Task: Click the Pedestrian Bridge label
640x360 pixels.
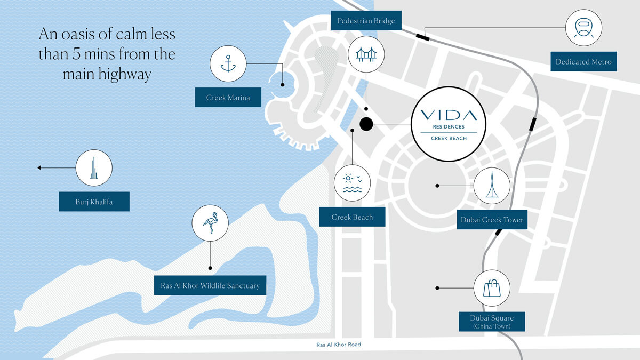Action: pyautogui.click(x=366, y=21)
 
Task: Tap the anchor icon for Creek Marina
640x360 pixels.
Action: pyautogui.click(x=228, y=63)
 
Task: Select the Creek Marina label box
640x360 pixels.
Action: pyautogui.click(x=228, y=98)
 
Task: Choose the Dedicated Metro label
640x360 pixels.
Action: pyautogui.click(x=583, y=62)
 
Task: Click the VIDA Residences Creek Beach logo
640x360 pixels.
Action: pyautogui.click(x=449, y=124)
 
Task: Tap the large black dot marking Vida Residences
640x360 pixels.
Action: pyautogui.click(x=366, y=124)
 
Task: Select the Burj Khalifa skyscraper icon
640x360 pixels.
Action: pyautogui.click(x=94, y=167)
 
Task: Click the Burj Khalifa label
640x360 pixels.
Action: pyautogui.click(x=94, y=202)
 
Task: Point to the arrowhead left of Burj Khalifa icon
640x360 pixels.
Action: pyautogui.click(x=39, y=167)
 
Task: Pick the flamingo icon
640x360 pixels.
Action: pyautogui.click(x=210, y=223)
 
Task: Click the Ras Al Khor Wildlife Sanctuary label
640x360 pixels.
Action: pyautogui.click(x=210, y=285)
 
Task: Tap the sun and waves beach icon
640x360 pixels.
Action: pyautogui.click(x=352, y=182)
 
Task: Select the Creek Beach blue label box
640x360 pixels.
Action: pyautogui.click(x=352, y=217)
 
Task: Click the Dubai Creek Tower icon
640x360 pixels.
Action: pyautogui.click(x=492, y=186)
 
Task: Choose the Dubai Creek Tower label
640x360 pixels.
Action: pyautogui.click(x=492, y=220)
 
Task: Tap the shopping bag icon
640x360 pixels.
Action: pyautogui.click(x=492, y=288)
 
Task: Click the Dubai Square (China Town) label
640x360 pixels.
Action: pyautogui.click(x=492, y=322)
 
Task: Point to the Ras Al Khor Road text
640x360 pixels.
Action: pyautogui.click(x=339, y=345)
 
